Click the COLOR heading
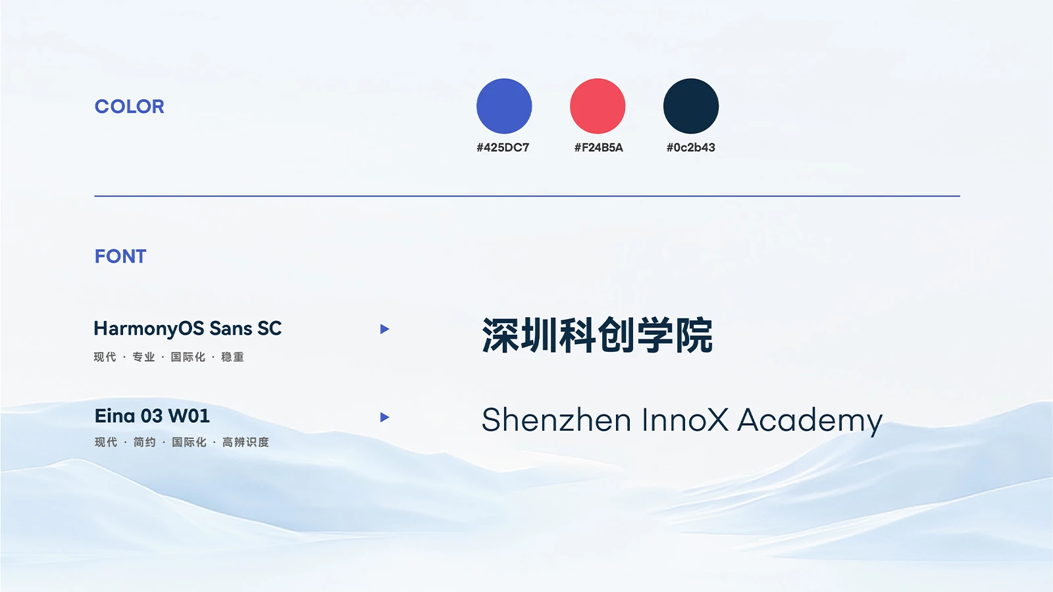pos(129,107)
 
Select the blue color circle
pos(504,106)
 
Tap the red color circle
pos(598,106)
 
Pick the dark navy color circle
pos(691,106)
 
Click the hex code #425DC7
pos(503,147)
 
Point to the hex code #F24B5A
pos(598,147)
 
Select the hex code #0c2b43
pos(690,147)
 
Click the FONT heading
pos(120,257)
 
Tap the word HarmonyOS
pos(149,329)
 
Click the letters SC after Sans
pos(269,328)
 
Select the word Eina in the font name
pos(115,416)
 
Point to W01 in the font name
pos(189,416)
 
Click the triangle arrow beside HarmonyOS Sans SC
pos(384,329)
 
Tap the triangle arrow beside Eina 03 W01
pos(384,417)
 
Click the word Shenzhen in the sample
pos(556,420)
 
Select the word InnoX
pos(685,420)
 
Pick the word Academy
pos(810,422)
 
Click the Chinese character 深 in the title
pos(500,335)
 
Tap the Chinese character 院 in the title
pos(694,335)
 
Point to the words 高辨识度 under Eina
pos(245,442)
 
